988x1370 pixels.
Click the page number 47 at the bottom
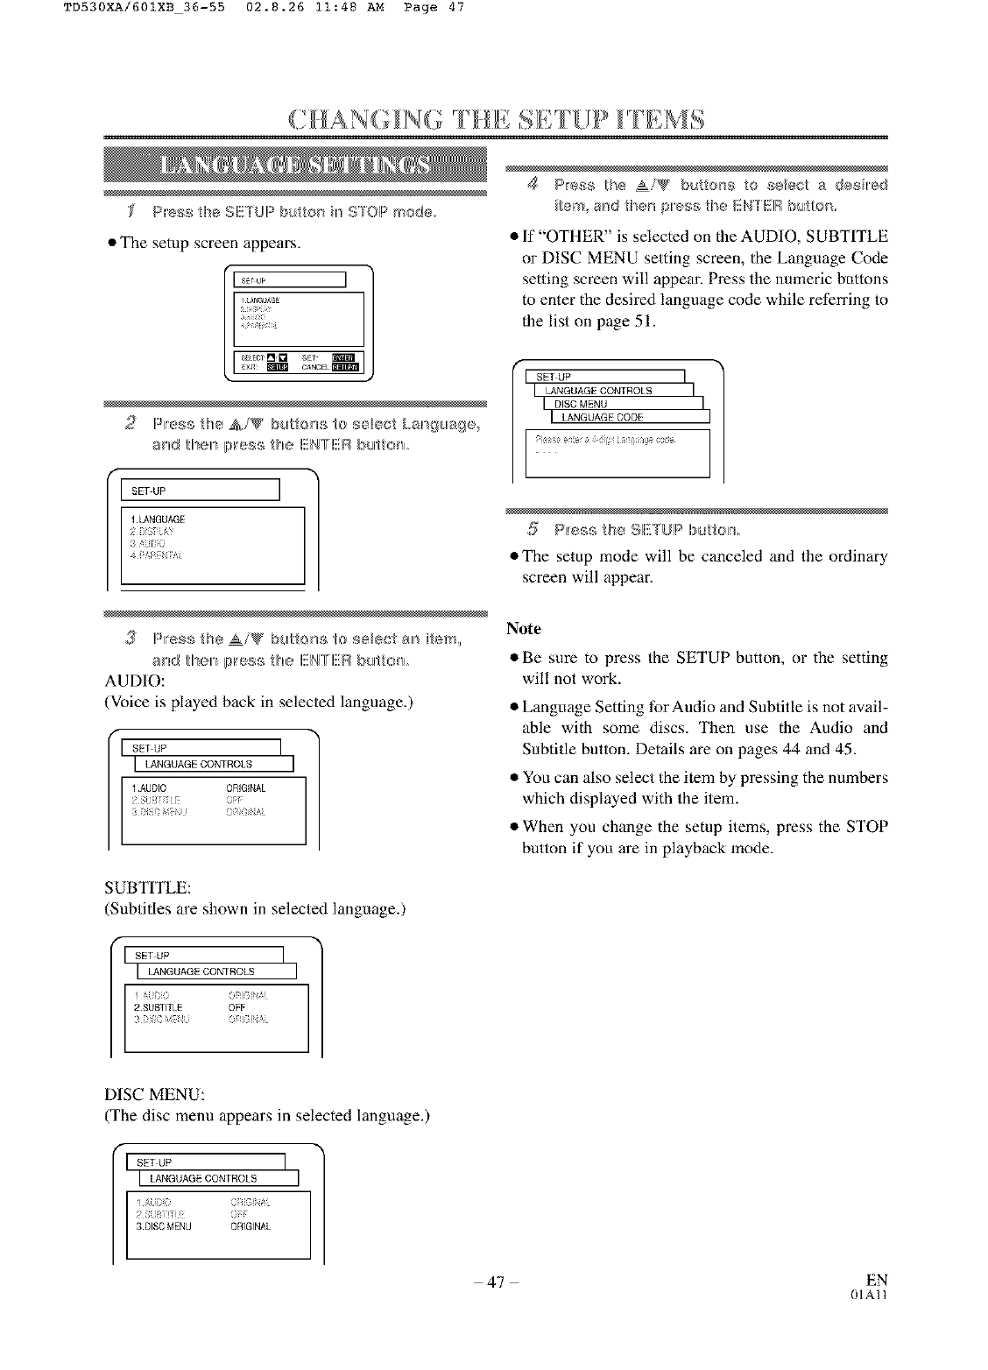click(494, 1282)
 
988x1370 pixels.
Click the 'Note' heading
click(524, 629)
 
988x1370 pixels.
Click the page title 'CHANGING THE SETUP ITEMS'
click(496, 119)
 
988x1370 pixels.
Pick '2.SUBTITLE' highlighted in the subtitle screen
click(159, 1007)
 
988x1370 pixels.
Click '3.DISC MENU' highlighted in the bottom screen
click(164, 1226)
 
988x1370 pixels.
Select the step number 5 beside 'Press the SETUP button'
click(533, 529)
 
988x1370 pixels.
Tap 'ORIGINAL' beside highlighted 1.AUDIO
click(245, 788)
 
